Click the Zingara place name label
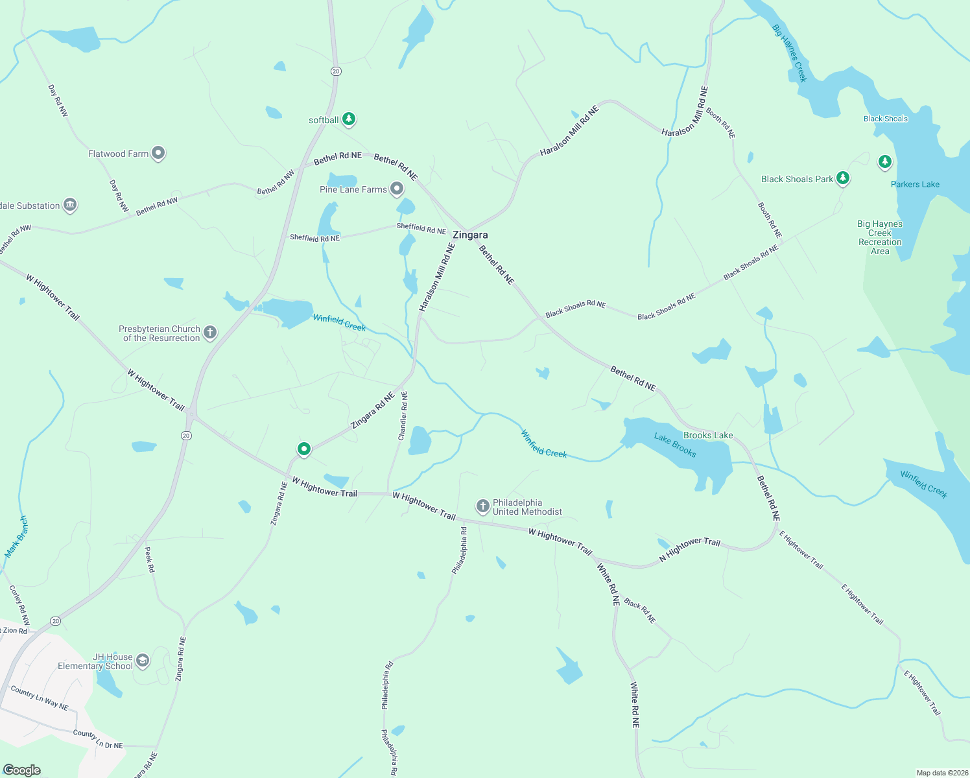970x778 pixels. click(x=470, y=235)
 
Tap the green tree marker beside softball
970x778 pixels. click(x=349, y=119)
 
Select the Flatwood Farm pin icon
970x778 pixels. click(x=158, y=153)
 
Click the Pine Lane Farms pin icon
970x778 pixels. click(x=397, y=189)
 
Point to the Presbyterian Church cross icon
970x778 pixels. click(x=209, y=333)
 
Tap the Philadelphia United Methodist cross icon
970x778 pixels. click(x=482, y=506)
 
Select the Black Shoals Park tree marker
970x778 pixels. click(x=842, y=178)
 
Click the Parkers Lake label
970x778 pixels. click(x=915, y=184)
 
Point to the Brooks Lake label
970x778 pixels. click(x=708, y=435)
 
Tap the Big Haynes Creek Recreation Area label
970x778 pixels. click(x=880, y=237)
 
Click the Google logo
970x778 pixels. click(x=22, y=770)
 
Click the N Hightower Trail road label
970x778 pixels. click(x=689, y=549)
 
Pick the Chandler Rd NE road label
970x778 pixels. click(x=403, y=416)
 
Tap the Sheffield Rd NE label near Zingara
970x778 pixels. click(x=421, y=228)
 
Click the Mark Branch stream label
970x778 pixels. click(x=17, y=537)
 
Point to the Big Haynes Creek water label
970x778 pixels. click(x=790, y=53)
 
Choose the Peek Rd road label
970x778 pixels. click(x=150, y=560)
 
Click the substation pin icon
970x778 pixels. click(x=70, y=205)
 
